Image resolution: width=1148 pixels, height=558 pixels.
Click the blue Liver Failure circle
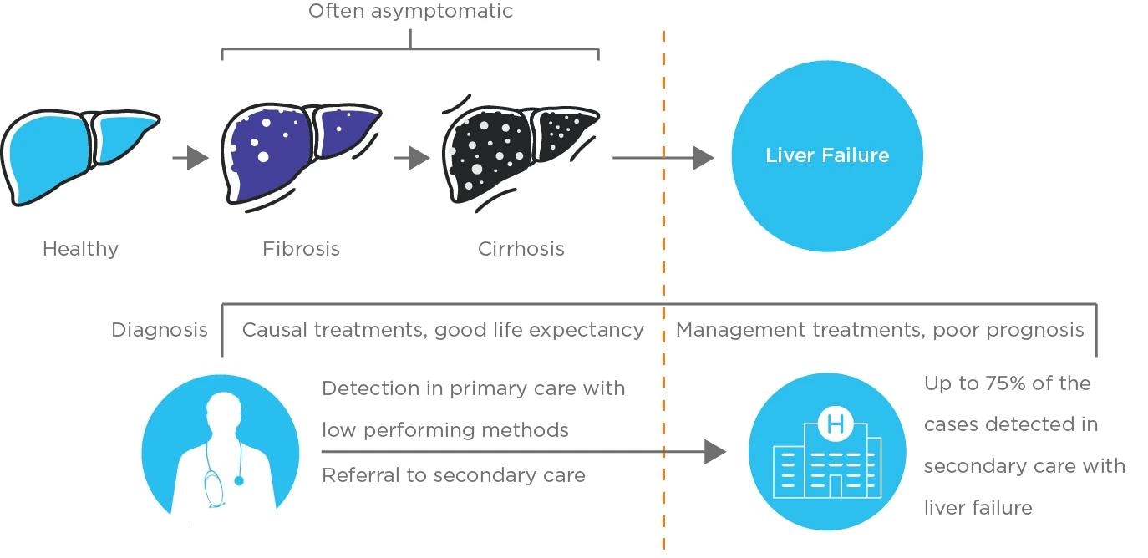click(x=826, y=155)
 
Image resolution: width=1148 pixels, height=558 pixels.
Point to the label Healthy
click(x=80, y=249)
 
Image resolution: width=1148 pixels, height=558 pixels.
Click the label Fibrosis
click(x=301, y=249)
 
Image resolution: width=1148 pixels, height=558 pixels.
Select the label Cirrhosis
click(x=521, y=249)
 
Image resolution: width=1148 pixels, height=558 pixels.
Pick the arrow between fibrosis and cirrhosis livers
click(x=412, y=157)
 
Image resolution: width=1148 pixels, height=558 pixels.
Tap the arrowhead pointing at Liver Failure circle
click(x=704, y=157)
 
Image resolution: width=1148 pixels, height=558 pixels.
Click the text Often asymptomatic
click(x=410, y=12)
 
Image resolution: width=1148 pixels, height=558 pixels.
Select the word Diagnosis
click(x=160, y=330)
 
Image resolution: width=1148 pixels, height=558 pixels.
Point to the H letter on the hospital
click(x=834, y=424)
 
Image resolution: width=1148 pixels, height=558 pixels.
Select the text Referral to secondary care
click(x=453, y=475)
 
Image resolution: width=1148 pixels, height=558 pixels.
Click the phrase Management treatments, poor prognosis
click(x=879, y=330)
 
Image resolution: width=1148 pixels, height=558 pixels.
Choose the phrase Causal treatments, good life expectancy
click(x=443, y=330)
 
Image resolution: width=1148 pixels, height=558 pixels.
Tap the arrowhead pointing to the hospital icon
click(x=715, y=452)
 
